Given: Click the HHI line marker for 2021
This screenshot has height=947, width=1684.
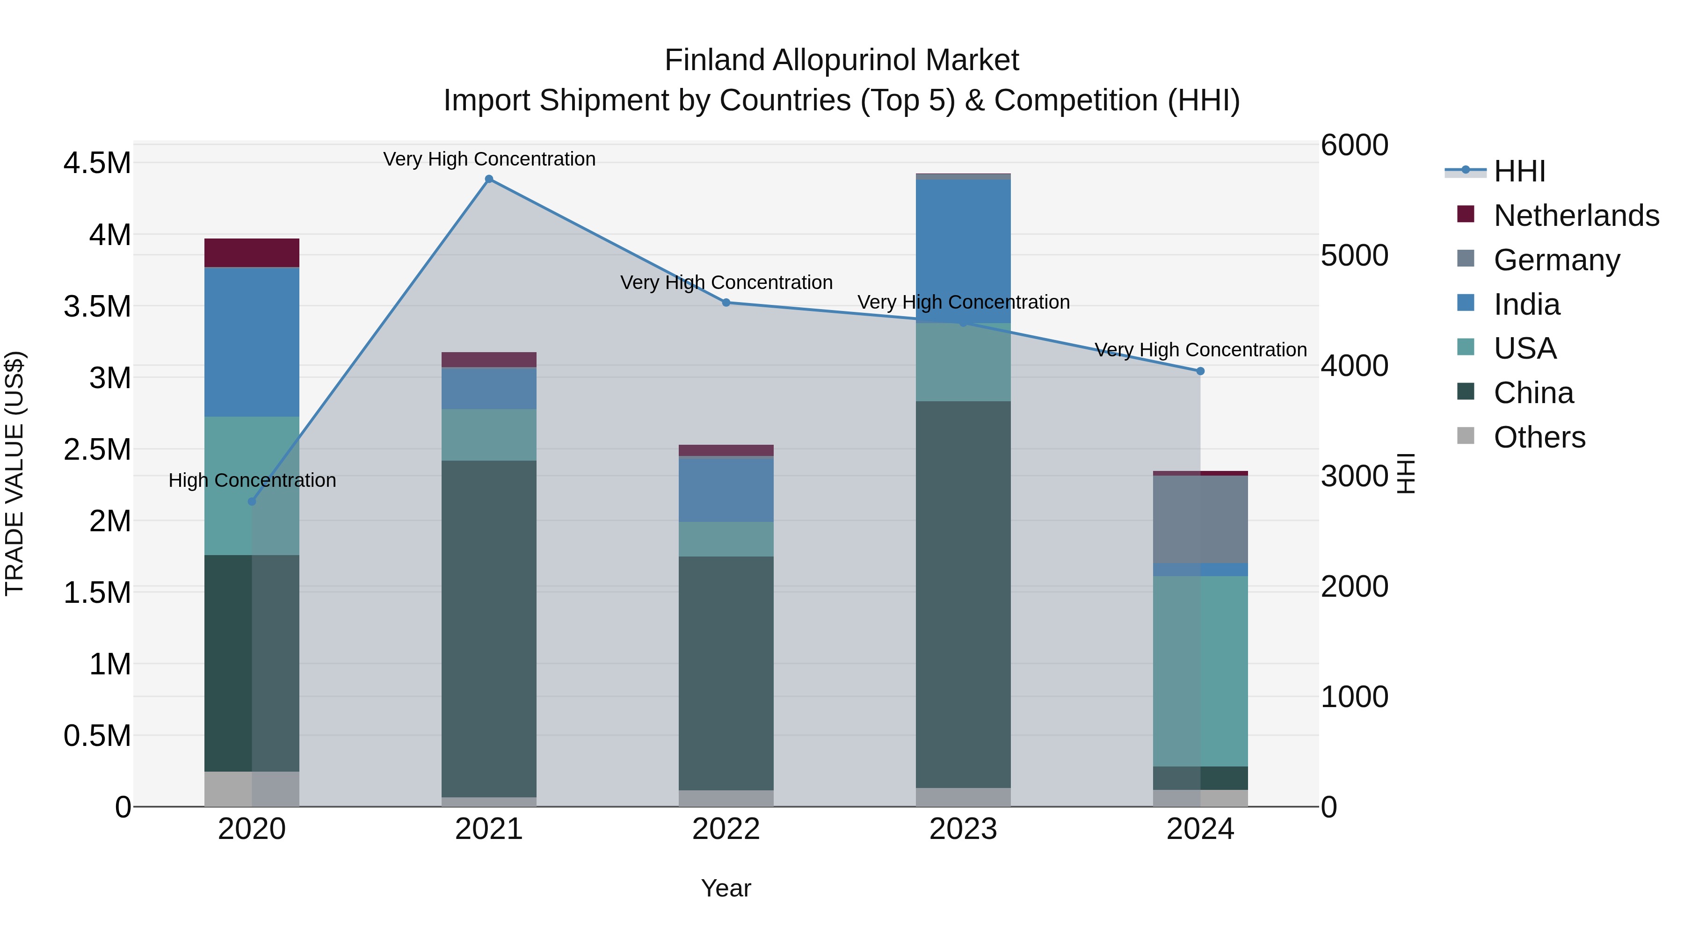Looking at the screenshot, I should (489, 179).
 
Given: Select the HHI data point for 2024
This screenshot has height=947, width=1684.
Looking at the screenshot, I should (1200, 371).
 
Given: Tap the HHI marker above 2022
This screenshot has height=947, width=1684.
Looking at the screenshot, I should (726, 303).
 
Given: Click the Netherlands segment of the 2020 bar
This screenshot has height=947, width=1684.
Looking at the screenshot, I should (252, 253).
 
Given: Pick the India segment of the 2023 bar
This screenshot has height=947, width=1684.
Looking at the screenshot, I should (963, 251).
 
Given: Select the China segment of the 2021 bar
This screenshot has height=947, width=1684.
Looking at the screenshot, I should (489, 629).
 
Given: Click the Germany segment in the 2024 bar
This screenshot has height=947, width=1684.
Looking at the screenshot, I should (1200, 519).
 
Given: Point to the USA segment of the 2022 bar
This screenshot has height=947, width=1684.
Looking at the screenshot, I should (726, 539).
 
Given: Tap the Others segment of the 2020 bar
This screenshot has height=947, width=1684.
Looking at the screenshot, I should (252, 789).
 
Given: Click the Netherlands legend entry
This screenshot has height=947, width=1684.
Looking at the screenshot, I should (1575, 216).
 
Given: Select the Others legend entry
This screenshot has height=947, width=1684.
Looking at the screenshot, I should (1539, 437).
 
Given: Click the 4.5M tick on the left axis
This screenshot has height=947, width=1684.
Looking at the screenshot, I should (97, 163).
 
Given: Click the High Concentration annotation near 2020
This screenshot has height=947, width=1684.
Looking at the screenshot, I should (252, 480).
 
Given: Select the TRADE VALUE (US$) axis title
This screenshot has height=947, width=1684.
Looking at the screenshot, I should (15, 474).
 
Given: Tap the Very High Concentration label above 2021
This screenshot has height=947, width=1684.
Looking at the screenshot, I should (489, 159).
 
